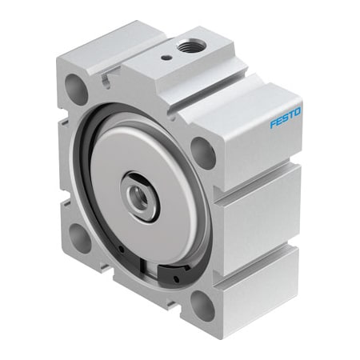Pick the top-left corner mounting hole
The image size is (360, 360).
[76, 88]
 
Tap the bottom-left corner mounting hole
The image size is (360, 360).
[80, 236]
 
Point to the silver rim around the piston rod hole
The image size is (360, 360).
[129, 186]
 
